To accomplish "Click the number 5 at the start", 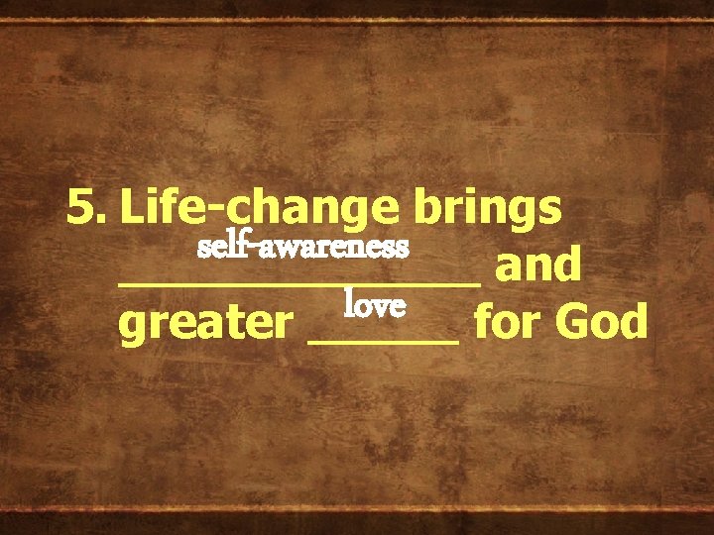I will tap(80, 207).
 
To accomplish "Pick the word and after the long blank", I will tap(537, 265).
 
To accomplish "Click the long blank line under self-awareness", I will tap(298, 282).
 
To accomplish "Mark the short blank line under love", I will tap(386, 340).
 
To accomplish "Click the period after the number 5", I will tap(100, 219).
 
